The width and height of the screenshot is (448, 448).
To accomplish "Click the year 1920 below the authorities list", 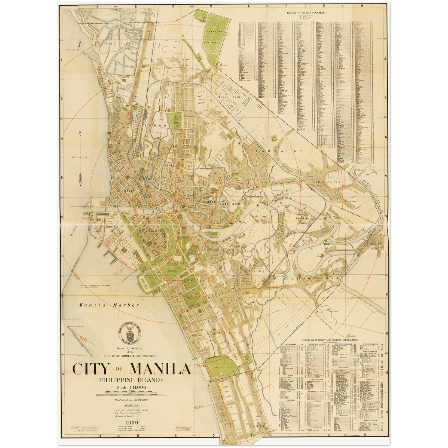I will click(132, 423).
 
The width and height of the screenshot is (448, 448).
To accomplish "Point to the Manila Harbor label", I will click(109, 305).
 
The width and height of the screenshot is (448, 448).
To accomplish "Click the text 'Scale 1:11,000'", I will click(132, 387).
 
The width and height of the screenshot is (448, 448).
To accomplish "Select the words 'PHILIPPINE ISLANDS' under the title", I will click(131, 380).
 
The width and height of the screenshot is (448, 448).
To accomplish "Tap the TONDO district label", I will click(159, 126).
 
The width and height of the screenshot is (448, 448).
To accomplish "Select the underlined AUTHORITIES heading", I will click(131, 405).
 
